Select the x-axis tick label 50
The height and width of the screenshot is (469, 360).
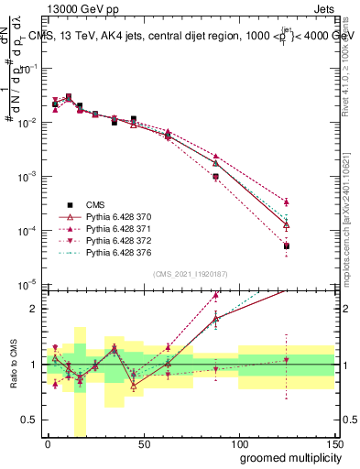click(144, 443)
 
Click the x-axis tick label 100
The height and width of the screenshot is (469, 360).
click(239, 443)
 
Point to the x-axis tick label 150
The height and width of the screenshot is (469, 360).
click(333, 443)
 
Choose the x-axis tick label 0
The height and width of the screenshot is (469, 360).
click(49, 443)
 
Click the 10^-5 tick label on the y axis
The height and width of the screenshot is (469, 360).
click(29, 284)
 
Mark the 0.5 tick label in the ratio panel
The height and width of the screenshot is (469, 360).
click(29, 420)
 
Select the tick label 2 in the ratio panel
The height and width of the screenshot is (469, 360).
click(34, 309)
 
